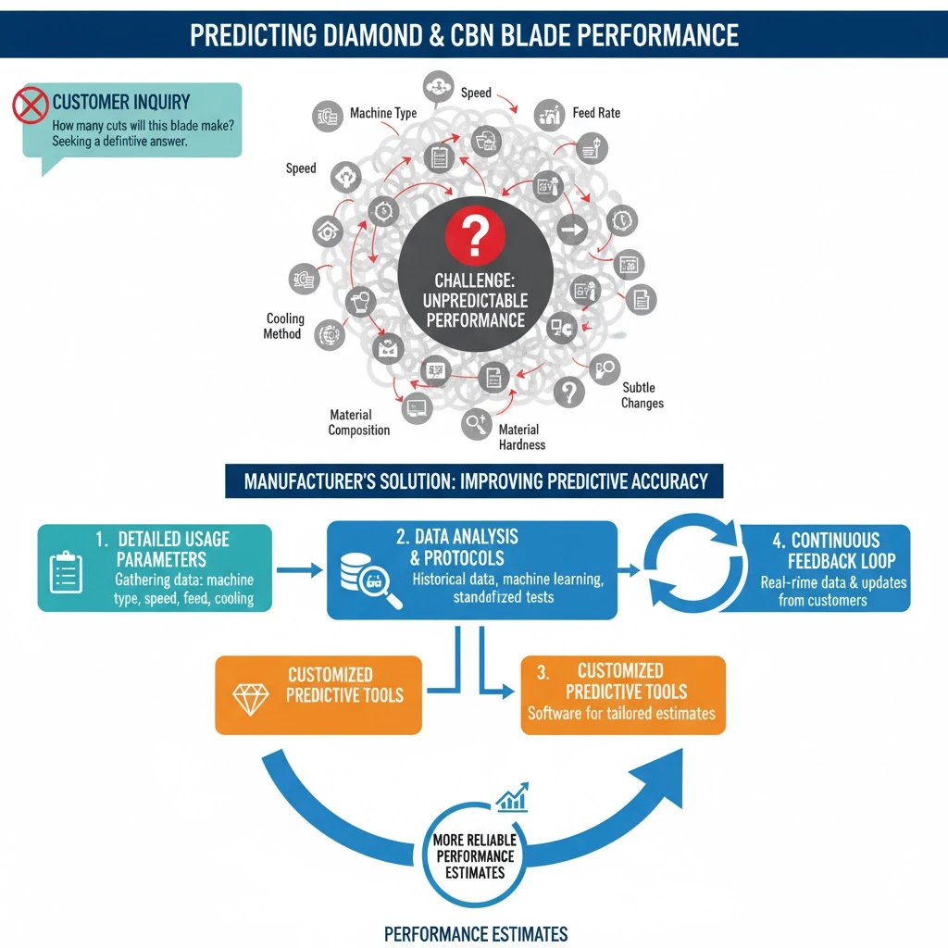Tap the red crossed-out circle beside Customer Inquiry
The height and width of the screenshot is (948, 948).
(x=30, y=105)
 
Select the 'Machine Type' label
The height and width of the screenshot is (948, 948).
(x=383, y=113)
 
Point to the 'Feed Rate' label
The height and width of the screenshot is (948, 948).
(x=596, y=113)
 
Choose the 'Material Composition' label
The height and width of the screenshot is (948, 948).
(x=359, y=422)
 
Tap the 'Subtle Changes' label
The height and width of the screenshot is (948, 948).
(x=642, y=395)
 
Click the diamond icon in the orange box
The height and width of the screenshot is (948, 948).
(x=250, y=699)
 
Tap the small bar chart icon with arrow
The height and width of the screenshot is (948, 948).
(x=512, y=798)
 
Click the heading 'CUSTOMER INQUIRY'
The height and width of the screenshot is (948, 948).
(x=120, y=103)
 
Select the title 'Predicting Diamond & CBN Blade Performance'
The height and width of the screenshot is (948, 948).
(x=465, y=35)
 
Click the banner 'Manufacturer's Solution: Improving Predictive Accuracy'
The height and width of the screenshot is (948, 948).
(x=475, y=481)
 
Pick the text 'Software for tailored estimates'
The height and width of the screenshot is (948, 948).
(x=621, y=713)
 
